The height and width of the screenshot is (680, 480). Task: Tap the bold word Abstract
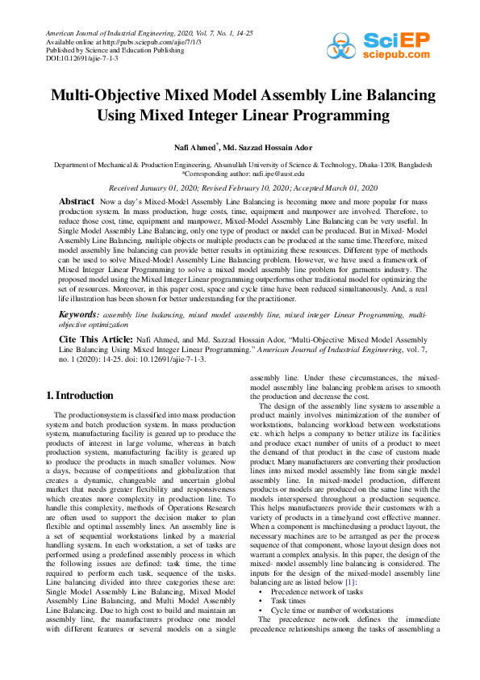pos(77,199)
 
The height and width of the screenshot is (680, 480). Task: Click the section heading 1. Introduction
pos(80,396)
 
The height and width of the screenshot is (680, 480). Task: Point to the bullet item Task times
pos(288,602)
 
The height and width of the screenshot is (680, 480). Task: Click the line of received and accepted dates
pos(240,186)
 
